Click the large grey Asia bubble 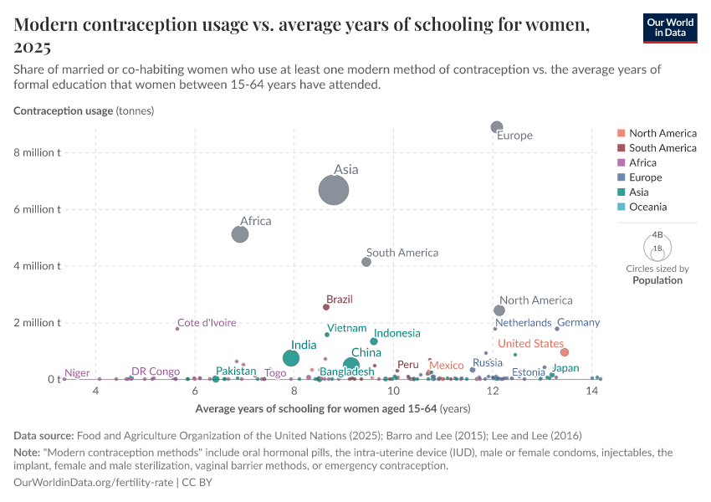(x=334, y=191)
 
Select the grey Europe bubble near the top (x=497, y=127)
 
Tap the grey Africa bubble (x=240, y=234)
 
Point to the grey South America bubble (x=366, y=262)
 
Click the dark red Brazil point (x=326, y=307)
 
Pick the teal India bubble (x=291, y=358)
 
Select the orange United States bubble (x=565, y=352)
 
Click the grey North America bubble (x=499, y=310)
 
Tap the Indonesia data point (x=374, y=341)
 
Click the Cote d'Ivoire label (x=207, y=323)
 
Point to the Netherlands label (x=523, y=322)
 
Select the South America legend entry (x=662, y=148)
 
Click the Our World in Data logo (x=669, y=28)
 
